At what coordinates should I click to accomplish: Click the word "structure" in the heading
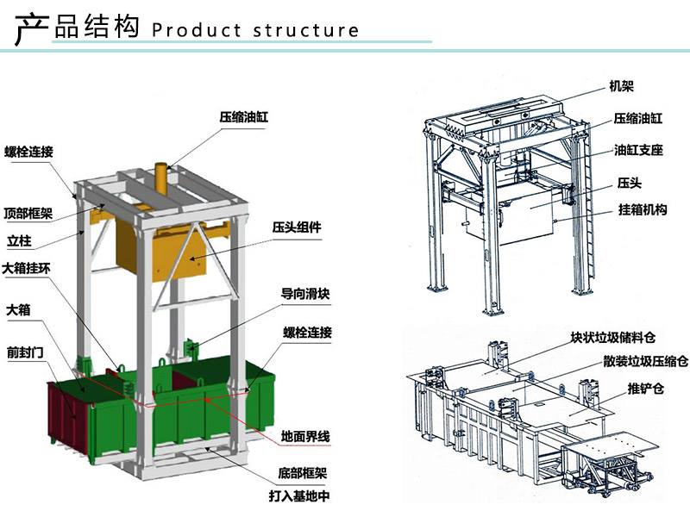click(x=306, y=30)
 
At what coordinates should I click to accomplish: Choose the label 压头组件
click(x=298, y=227)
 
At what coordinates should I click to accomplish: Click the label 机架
click(x=622, y=86)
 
